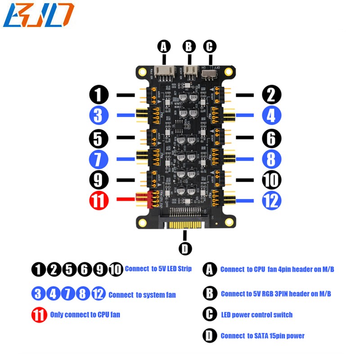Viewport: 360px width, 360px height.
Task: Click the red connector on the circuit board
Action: pos(141,199)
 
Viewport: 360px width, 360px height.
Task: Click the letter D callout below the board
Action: pos(185,248)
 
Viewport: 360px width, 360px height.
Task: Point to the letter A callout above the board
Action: pos(164,46)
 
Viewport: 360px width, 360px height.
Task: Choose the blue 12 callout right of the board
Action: pos(271,200)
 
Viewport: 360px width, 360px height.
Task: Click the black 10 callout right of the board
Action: pos(271,180)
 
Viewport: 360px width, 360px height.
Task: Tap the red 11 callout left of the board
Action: pos(99,200)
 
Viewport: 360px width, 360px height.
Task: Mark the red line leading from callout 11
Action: pos(126,199)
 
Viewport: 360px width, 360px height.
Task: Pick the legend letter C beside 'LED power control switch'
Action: pos(210,314)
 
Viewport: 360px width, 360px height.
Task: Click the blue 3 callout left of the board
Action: pos(99,116)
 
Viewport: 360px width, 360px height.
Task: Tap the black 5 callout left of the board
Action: pos(99,138)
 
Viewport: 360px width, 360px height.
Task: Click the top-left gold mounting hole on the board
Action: pos(143,71)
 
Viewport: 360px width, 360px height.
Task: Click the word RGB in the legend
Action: pos(268,294)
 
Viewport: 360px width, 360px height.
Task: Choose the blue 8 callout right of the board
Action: pos(271,158)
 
